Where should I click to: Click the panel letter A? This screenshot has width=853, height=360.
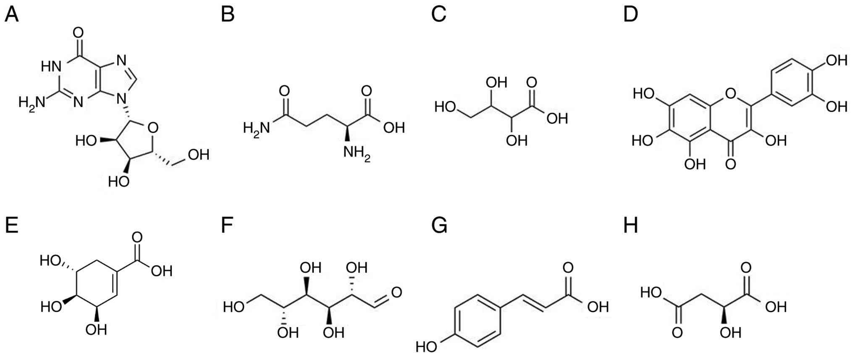pos(11,15)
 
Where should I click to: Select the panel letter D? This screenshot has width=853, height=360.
pos(630,15)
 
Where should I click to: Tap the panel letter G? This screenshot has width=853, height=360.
pos(439,226)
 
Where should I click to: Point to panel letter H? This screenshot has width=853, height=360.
pos(630,226)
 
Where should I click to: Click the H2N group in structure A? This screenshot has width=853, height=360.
pos(31,102)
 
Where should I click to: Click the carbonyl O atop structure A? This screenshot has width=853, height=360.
pos(78,32)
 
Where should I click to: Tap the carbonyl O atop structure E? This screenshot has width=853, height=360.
pos(137,237)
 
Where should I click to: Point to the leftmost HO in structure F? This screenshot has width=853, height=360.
pos(234,307)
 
